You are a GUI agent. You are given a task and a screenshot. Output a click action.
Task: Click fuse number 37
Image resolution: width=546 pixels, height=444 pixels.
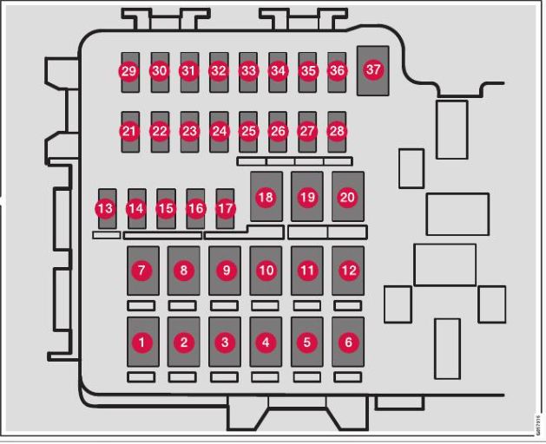373,69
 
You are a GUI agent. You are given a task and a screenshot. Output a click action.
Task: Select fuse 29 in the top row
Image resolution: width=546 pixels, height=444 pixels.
129,70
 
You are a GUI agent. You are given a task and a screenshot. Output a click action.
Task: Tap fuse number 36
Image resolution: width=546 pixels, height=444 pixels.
337,70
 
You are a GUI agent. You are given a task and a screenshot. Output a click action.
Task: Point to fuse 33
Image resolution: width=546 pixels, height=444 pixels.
248,70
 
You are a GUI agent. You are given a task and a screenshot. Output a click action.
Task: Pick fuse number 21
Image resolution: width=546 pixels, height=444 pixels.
129,132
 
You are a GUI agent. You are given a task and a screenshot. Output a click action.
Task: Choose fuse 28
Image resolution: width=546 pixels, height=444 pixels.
337,132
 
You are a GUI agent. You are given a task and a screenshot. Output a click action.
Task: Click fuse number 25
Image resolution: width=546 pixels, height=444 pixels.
248,132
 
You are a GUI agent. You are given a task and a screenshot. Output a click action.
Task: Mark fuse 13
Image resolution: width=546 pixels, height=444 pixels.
106,209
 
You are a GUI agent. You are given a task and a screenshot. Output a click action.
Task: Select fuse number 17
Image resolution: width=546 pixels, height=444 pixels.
226,209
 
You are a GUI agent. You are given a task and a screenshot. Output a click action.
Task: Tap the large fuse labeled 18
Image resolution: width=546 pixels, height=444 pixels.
266,198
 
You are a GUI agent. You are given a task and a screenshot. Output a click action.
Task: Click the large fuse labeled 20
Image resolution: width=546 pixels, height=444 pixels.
347,198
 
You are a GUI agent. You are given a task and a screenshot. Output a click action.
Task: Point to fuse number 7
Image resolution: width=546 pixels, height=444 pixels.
142,271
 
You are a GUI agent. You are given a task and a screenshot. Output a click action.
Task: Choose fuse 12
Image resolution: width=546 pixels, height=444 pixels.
348,271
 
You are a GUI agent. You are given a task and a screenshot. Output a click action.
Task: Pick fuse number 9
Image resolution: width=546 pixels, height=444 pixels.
225,271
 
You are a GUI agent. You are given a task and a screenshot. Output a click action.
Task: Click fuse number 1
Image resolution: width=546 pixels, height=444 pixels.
142,343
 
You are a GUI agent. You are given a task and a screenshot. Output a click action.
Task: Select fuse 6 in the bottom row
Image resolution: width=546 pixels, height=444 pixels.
348,343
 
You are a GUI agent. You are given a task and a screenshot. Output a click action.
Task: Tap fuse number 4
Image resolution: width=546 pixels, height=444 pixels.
266,343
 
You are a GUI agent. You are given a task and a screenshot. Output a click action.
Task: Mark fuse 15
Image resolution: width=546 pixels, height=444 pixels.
166,209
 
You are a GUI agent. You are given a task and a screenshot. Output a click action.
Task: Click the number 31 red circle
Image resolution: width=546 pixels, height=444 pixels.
188,70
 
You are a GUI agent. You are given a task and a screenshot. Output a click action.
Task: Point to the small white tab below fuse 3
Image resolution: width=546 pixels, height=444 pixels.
224,377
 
